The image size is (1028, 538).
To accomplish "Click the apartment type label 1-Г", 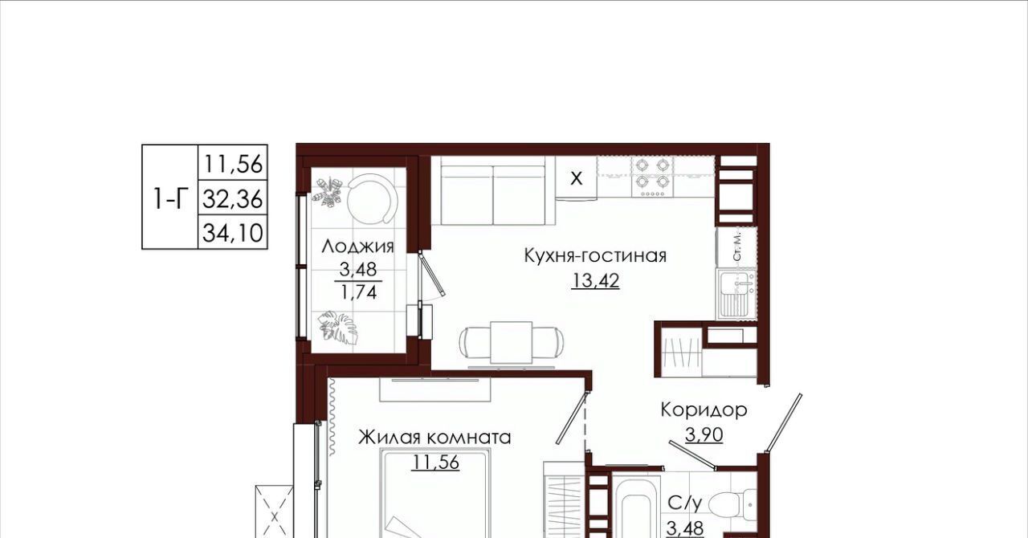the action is pyautogui.click(x=169, y=199).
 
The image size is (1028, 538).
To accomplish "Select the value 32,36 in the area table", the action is pyautogui.click(x=233, y=199).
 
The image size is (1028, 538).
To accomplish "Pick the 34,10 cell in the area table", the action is pyautogui.click(x=233, y=232).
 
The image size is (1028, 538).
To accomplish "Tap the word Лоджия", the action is pyautogui.click(x=358, y=247).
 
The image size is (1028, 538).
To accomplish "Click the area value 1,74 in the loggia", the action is pyautogui.click(x=358, y=292).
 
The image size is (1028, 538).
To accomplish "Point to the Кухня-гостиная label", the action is pyautogui.click(x=595, y=255).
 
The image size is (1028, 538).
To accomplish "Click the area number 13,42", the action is pyautogui.click(x=595, y=280).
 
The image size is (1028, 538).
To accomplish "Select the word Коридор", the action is pyautogui.click(x=704, y=410).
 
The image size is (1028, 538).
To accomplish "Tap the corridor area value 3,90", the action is pyautogui.click(x=704, y=434).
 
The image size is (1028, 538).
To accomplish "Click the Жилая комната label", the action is pyautogui.click(x=434, y=437).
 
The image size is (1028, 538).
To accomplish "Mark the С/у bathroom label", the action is pyautogui.click(x=685, y=503).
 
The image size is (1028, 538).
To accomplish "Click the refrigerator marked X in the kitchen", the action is pyautogui.click(x=576, y=177).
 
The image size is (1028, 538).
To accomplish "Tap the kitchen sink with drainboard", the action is pyautogui.click(x=737, y=294).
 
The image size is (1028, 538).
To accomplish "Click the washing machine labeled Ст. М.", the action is pyautogui.click(x=736, y=247).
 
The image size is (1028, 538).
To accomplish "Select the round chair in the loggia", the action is pyautogui.click(x=371, y=200).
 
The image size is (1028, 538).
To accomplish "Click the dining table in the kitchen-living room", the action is pyautogui.click(x=512, y=343).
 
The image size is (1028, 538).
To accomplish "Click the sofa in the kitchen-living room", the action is pyautogui.click(x=493, y=190).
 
